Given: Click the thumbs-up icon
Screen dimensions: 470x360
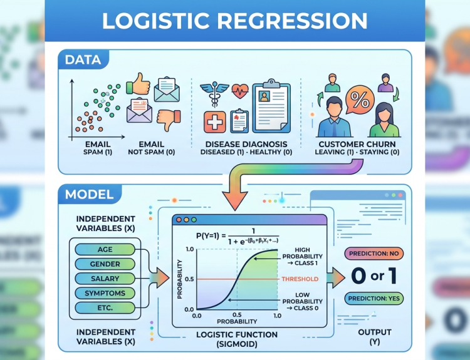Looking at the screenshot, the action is [x=138, y=83].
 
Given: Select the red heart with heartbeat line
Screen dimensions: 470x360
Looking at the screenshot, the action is [x=240, y=91].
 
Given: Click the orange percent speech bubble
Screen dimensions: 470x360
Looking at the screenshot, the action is [x=360, y=100].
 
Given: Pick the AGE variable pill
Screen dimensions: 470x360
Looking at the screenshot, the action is [x=105, y=249].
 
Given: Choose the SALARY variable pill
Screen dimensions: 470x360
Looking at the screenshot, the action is [x=105, y=279].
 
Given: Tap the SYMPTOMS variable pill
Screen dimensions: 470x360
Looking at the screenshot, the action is [x=105, y=293].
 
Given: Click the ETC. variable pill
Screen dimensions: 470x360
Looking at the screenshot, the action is [x=105, y=307].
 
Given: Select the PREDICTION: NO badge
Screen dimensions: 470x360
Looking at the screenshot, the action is [x=373, y=254].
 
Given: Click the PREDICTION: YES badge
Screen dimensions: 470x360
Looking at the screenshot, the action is [x=373, y=298].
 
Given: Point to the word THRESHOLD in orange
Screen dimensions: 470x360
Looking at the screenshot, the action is [x=300, y=279].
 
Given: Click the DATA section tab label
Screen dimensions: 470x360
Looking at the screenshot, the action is [x=83, y=59].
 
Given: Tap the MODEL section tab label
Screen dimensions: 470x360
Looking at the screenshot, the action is [x=90, y=194].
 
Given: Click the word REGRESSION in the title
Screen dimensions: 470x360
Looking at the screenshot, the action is [x=292, y=21].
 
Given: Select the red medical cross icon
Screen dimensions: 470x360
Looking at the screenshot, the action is [x=214, y=122].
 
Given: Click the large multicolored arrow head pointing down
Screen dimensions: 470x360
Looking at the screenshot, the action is [x=235, y=200].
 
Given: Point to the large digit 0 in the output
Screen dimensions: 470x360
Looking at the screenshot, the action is [x=359, y=275].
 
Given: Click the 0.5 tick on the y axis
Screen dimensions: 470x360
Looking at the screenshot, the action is [x=189, y=279].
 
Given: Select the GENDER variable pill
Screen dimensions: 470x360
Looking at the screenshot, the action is [x=105, y=264].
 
